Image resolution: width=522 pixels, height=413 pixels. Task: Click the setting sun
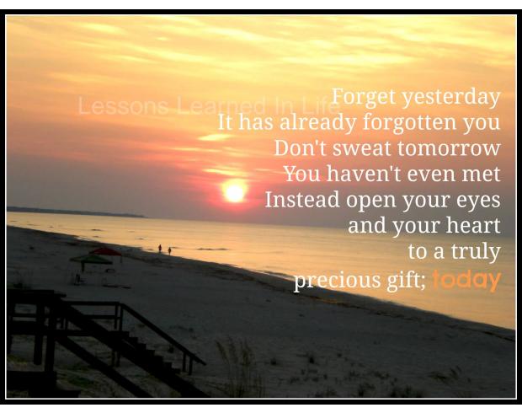click(x=235, y=192)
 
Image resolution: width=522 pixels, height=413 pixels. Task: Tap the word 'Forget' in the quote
click(x=365, y=98)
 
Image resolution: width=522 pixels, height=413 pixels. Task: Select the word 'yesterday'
click(x=451, y=98)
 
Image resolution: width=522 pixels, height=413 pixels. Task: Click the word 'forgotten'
click(x=409, y=123)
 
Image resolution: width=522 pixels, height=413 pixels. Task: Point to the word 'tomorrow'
click(x=449, y=148)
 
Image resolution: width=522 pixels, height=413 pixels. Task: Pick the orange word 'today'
click(x=466, y=281)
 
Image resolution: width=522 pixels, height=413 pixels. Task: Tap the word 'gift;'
click(x=406, y=279)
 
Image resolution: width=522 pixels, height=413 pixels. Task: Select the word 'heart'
click(x=473, y=225)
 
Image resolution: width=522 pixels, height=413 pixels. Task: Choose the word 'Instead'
click(x=302, y=199)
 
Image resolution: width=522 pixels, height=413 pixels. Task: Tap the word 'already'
click(x=318, y=123)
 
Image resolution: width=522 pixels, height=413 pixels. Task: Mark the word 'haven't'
click(x=364, y=174)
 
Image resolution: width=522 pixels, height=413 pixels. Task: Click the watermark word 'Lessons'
click(x=123, y=105)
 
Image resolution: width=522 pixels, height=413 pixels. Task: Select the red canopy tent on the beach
click(x=106, y=252)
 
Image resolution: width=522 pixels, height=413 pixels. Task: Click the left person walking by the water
click(x=160, y=249)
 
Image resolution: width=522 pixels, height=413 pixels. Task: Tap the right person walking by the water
click(x=170, y=251)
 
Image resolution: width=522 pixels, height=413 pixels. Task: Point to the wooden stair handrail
click(x=163, y=333)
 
